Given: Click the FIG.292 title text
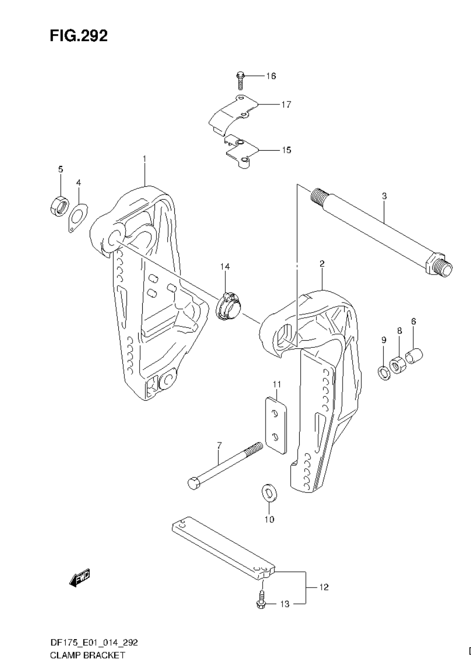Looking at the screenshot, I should [78, 36].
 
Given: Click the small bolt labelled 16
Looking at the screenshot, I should [241, 80].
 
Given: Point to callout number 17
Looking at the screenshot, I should [285, 104].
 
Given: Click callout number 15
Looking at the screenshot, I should [286, 150].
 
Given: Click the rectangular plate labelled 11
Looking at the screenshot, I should [277, 425].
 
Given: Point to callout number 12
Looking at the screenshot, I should [324, 587].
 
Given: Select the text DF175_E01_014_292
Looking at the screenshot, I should [94, 643].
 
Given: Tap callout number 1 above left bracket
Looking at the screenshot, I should [145, 159].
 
